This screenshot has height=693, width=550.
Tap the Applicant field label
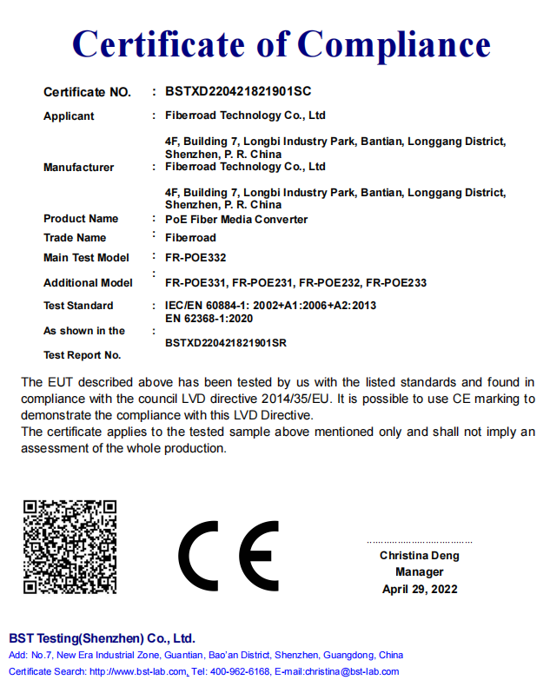point(69,116)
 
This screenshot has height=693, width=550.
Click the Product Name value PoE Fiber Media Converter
point(236,220)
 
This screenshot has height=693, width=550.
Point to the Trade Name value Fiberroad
point(190,238)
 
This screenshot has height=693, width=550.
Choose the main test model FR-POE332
point(195,257)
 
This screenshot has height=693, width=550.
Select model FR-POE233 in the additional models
point(396,283)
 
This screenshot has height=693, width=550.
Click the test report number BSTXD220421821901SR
point(226,343)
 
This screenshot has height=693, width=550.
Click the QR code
point(70,547)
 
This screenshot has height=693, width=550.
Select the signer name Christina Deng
point(419,556)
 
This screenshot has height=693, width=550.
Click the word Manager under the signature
point(419,572)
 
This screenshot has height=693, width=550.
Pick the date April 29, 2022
point(419,590)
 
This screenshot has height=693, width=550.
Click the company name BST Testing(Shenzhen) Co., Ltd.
point(102,638)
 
